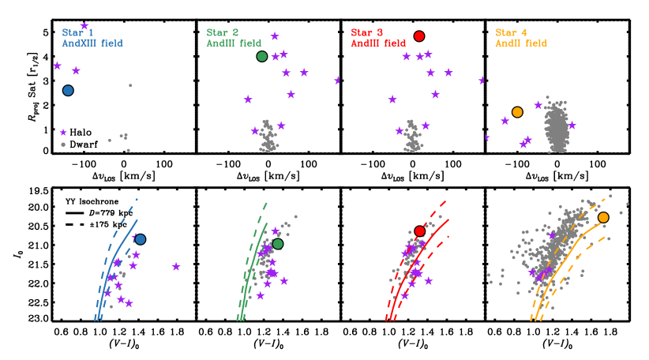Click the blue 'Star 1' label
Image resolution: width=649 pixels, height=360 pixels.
click(x=78, y=33)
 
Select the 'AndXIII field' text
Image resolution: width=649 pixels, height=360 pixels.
click(x=92, y=43)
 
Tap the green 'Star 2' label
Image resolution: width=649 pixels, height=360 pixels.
click(x=222, y=33)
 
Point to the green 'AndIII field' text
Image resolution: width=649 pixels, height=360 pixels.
click(x=234, y=43)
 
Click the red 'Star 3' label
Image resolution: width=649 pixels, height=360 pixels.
click(x=367, y=33)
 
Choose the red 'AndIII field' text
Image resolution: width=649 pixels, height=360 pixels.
click(x=378, y=43)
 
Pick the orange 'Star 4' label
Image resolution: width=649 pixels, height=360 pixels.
click(x=511, y=33)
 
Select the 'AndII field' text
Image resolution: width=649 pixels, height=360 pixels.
click(x=521, y=43)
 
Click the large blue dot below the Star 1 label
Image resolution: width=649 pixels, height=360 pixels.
click(x=68, y=91)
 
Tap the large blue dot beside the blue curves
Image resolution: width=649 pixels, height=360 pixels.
click(x=141, y=239)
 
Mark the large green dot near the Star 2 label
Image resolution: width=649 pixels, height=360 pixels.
click(x=262, y=56)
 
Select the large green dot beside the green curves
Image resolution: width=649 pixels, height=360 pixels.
click(x=278, y=244)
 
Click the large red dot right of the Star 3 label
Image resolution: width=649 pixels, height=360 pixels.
click(x=419, y=36)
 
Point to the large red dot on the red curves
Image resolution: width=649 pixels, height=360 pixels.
click(x=420, y=231)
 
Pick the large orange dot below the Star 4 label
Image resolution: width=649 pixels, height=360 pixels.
click(x=517, y=112)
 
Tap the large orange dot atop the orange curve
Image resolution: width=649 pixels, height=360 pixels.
click(x=603, y=217)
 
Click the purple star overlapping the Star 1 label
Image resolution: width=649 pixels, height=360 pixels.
click(x=84, y=26)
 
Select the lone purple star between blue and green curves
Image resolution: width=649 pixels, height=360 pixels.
click(x=176, y=267)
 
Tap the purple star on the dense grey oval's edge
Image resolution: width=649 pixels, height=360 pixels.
click(x=572, y=125)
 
